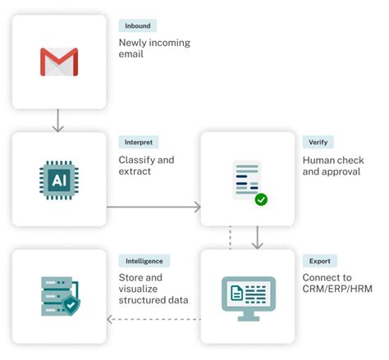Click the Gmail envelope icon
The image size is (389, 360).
[x=59, y=62]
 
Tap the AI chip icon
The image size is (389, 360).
[x=59, y=180]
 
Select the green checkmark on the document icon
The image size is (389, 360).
[x=260, y=198]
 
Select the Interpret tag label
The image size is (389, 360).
[x=139, y=143]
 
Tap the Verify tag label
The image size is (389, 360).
[x=318, y=143]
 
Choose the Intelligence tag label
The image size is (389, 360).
[x=144, y=261]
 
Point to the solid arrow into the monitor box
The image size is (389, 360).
[x=258, y=238]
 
